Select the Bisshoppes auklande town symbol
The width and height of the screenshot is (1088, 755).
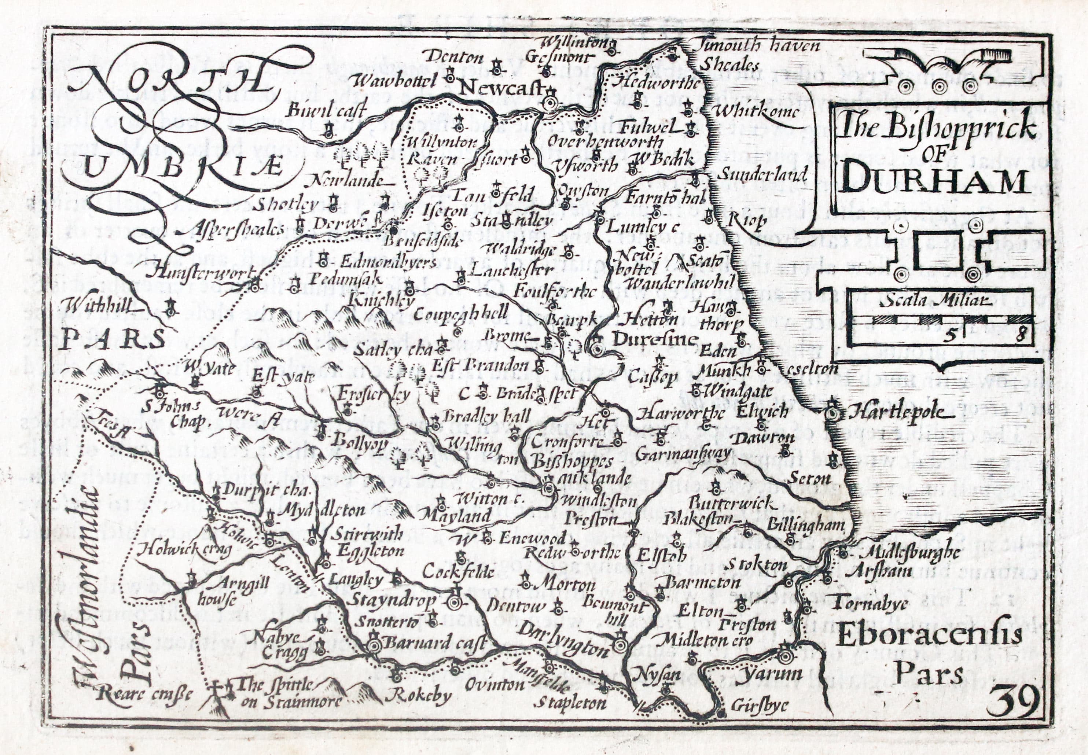[x=548, y=488]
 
